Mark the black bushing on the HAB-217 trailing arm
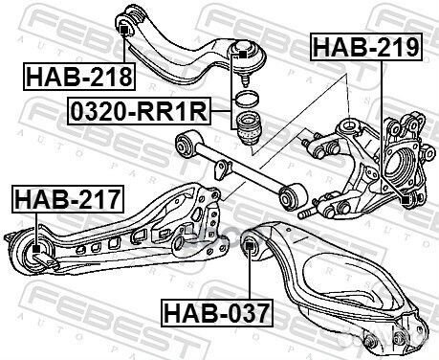pyautogui.click(x=34, y=254)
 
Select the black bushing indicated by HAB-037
pyautogui.click(x=252, y=248)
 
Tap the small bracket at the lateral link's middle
pyautogui.click(x=223, y=170)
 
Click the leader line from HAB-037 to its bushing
pyautogui.click(x=251, y=278)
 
